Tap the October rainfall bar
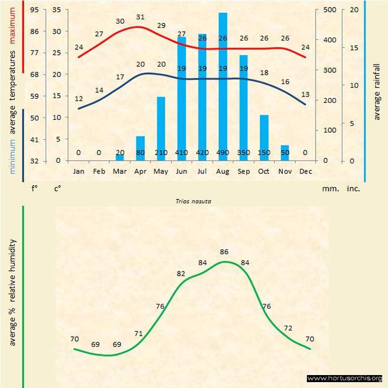264,138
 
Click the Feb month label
99,172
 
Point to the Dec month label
305,172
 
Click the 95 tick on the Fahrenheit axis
35,10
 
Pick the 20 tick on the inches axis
353,10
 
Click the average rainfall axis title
377,91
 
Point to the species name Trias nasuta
193,200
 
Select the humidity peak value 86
224,252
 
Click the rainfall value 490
223,153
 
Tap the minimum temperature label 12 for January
79,99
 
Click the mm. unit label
329,189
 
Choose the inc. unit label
353,189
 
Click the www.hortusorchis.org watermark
344,378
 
